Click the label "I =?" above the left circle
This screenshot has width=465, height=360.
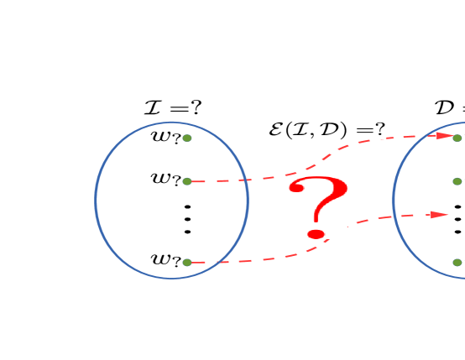(173, 107)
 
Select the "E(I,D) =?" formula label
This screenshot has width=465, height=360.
(327, 130)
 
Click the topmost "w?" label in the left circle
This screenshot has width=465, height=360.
(165, 138)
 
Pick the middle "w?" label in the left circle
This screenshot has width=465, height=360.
(165, 180)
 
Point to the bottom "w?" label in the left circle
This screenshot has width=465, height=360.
(165, 261)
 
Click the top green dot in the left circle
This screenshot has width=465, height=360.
(187, 138)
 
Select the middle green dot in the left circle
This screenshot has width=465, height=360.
(187, 181)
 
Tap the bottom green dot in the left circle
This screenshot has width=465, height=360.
(187, 263)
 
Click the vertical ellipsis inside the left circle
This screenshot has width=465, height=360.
(187, 219)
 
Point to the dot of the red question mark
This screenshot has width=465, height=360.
(316, 234)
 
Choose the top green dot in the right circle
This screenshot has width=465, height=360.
(457, 138)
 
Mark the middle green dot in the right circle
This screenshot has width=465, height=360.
(457, 181)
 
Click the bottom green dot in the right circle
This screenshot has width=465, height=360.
(457, 263)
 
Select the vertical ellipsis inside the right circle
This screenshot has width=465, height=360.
(457, 219)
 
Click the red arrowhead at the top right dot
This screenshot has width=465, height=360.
(444, 135)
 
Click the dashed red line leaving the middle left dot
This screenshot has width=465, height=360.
(243, 180)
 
